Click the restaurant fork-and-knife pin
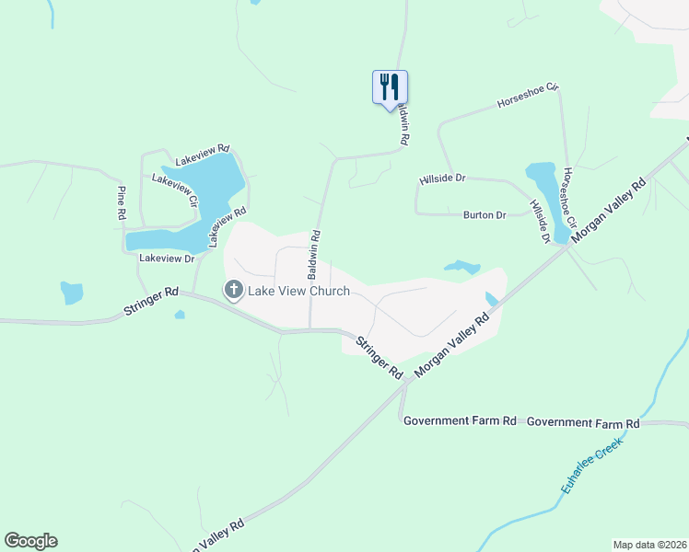click(390, 87)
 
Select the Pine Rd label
click(121, 201)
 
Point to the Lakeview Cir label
click(175, 190)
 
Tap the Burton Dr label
click(485, 215)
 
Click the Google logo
click(30, 541)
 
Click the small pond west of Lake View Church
click(71, 293)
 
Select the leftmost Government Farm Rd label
click(460, 420)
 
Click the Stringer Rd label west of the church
click(150, 304)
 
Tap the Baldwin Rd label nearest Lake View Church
click(315, 255)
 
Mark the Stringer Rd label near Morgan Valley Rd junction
click(379, 359)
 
